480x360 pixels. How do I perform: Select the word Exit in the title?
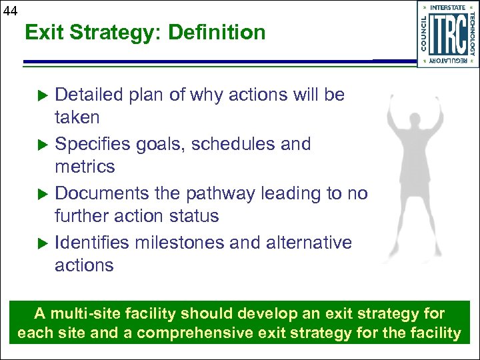(x=43, y=32)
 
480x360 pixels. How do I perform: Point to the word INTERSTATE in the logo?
(x=447, y=8)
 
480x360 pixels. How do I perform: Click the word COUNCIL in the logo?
(x=425, y=33)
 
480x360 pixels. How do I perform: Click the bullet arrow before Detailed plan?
(x=43, y=95)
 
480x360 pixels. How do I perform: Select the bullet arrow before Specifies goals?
(x=43, y=145)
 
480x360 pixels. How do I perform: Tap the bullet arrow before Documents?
(x=43, y=194)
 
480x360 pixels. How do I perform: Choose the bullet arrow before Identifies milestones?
(x=43, y=243)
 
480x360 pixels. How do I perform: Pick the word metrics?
(x=85, y=167)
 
